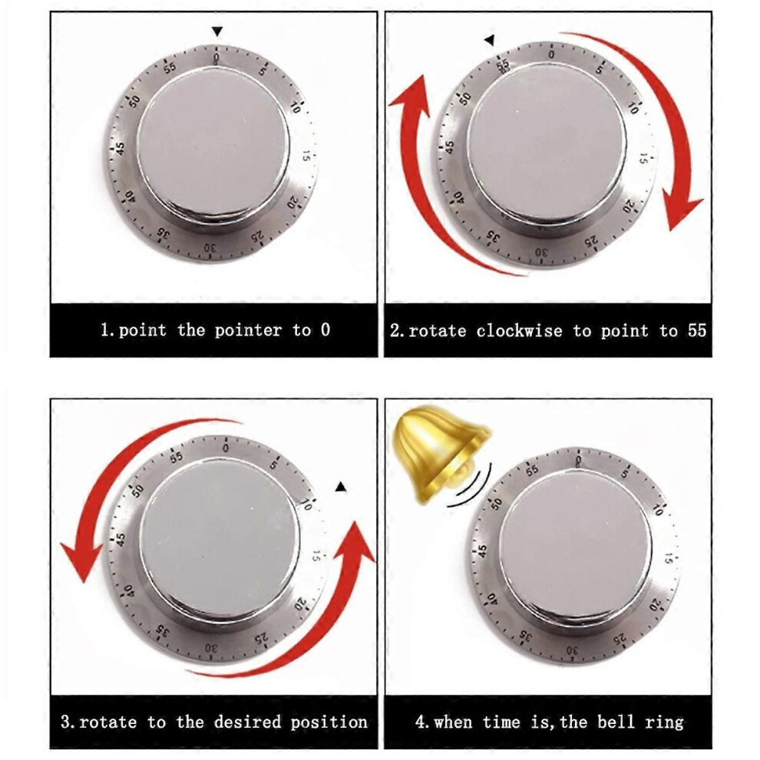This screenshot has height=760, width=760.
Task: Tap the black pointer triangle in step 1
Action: pyautogui.click(x=217, y=31)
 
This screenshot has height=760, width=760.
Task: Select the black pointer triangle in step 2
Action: pyautogui.click(x=490, y=40)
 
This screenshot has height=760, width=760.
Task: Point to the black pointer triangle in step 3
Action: pyautogui.click(x=341, y=486)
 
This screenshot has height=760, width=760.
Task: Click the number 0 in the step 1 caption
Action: pyautogui.click(x=325, y=330)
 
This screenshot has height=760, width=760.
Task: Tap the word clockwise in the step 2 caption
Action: pyautogui.click(x=519, y=331)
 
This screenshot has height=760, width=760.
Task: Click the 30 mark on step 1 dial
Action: pyautogui.click(x=210, y=248)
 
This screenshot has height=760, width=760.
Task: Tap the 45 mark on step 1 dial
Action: pyautogui.click(x=121, y=147)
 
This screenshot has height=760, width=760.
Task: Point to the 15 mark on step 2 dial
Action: pyautogui.click(x=644, y=158)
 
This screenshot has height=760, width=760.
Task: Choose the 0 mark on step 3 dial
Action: pyautogui.click(x=226, y=448)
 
